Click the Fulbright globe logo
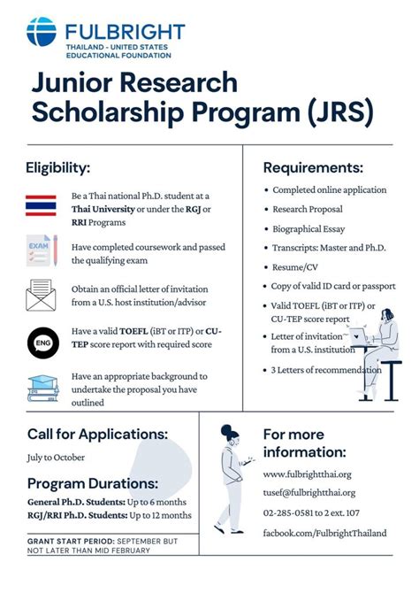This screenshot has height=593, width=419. coord(42,33)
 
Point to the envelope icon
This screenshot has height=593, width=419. coord(42,295)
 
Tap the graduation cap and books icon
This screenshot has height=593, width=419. coord(42,387)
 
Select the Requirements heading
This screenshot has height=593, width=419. coord(313,166)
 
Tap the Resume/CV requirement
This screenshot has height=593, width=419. coord(294,266)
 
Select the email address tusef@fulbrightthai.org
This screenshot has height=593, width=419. coord(309,493)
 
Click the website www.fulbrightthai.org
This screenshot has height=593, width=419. coord(308,474)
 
